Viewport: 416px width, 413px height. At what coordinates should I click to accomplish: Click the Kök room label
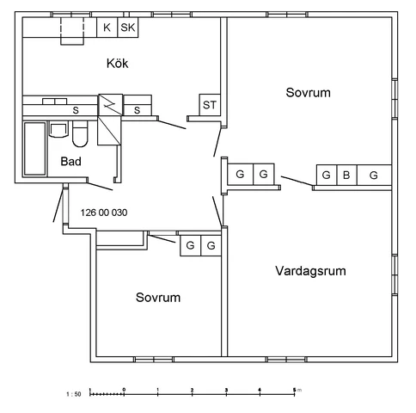[119, 63]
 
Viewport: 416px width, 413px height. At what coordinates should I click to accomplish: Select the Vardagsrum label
[310, 270]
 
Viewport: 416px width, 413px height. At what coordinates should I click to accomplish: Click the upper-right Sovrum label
[308, 92]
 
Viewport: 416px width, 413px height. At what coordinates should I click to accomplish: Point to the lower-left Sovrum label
[158, 298]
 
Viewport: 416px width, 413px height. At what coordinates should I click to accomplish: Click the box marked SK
[128, 28]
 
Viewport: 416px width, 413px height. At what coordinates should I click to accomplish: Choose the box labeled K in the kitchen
[107, 28]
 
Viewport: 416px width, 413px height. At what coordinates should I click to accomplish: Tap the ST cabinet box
[210, 105]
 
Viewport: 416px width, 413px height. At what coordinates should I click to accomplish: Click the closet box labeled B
[346, 175]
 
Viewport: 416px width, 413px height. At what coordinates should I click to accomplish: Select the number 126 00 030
[103, 212]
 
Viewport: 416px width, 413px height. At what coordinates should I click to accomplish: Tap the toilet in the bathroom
[80, 134]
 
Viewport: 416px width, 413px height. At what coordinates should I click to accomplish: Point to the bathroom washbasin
[59, 130]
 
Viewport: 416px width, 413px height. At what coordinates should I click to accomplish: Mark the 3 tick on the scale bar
[226, 391]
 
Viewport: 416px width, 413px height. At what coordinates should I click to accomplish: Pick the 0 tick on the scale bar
[124, 391]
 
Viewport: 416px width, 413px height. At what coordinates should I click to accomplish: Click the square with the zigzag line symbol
[111, 104]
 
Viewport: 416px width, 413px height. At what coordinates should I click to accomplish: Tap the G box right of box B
[374, 175]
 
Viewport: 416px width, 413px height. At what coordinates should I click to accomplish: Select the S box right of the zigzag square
[138, 109]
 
